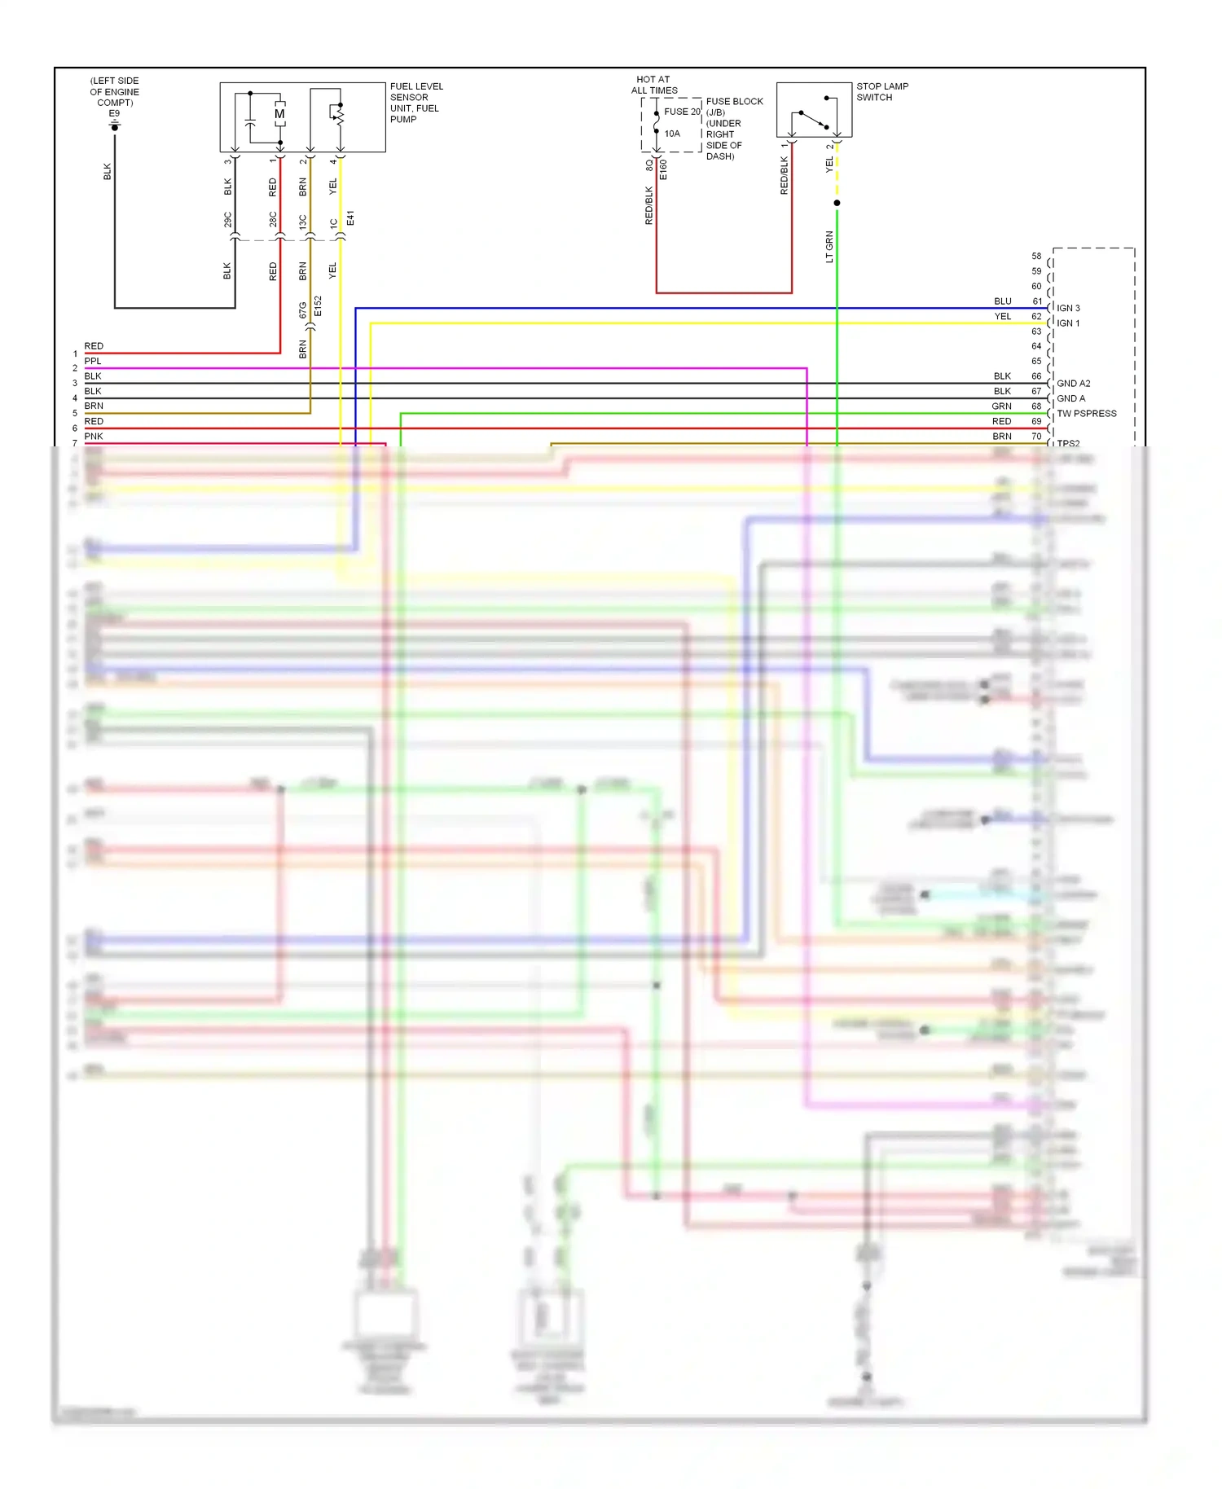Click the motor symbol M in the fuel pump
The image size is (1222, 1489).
(279, 114)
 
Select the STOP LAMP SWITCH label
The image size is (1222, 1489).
(881, 91)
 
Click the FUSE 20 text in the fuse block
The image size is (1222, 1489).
(681, 112)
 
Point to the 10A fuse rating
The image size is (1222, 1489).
(672, 134)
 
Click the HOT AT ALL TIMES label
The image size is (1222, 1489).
(653, 85)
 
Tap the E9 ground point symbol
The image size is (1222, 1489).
(115, 126)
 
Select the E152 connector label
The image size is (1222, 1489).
(318, 306)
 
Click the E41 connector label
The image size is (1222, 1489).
(350, 218)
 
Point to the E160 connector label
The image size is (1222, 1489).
(663, 169)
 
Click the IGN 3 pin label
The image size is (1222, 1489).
(1068, 308)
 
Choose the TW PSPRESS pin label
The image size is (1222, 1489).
(1086, 414)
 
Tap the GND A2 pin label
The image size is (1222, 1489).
(1073, 384)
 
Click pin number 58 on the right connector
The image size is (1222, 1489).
(1036, 256)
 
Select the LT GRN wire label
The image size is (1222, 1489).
(829, 247)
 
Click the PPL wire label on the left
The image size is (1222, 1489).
(93, 361)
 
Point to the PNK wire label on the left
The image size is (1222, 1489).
(94, 437)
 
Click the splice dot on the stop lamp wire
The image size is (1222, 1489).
(837, 203)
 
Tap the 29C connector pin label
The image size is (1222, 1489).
(228, 219)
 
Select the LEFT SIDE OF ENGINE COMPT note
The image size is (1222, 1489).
(114, 91)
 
